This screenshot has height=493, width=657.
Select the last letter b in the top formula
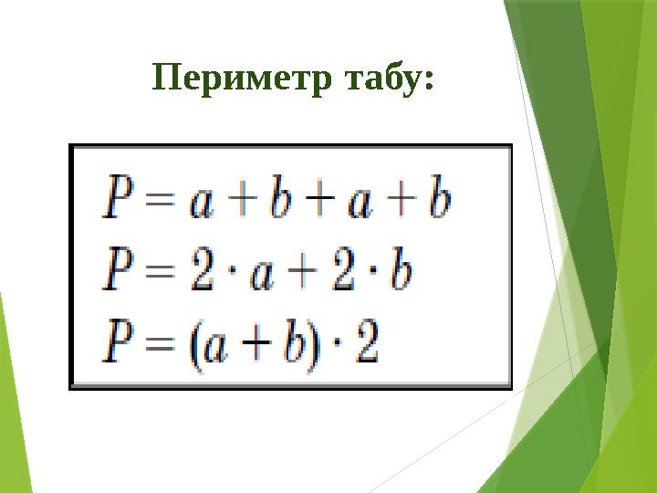click(x=439, y=201)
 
